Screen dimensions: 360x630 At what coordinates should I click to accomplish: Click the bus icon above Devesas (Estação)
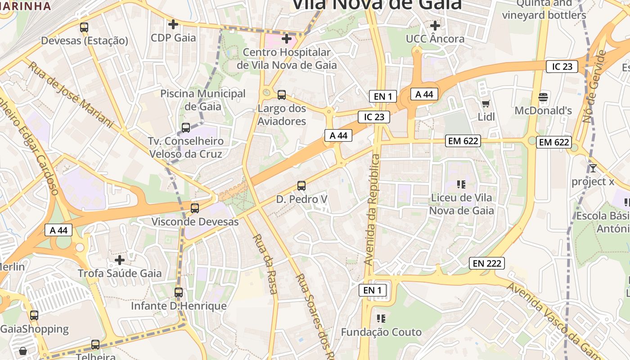84,27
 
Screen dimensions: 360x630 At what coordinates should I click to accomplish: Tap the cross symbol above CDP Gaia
173,24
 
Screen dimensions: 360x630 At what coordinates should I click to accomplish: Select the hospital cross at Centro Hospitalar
287,39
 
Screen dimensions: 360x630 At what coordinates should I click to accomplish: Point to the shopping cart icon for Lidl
486,104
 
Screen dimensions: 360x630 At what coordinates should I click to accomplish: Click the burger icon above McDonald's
543,97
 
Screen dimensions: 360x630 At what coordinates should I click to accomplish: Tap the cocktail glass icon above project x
593,168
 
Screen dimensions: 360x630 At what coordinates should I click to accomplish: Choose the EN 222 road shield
486,263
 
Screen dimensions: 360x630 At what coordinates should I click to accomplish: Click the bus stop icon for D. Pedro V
301,185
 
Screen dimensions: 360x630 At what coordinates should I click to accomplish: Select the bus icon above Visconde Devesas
195,208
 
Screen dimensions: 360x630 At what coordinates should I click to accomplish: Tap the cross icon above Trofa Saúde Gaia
120,260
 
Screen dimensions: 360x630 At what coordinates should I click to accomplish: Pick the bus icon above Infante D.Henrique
179,292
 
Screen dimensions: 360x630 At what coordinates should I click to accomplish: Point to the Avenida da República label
373,210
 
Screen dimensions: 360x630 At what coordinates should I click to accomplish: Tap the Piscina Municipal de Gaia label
203,100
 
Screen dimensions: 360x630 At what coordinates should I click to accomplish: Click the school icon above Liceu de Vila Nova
461,184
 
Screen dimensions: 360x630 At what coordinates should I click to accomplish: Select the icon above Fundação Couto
381,319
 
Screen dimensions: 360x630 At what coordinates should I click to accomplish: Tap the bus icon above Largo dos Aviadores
282,95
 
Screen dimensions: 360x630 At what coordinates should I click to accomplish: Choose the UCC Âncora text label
435,39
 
